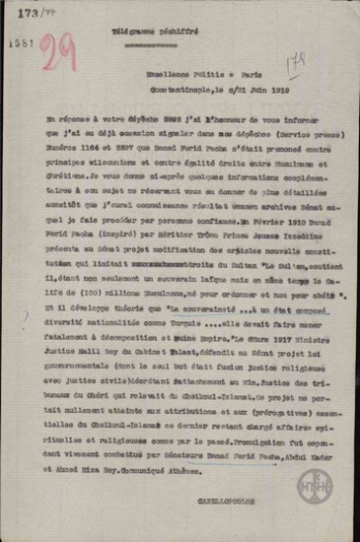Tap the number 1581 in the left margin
17,44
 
